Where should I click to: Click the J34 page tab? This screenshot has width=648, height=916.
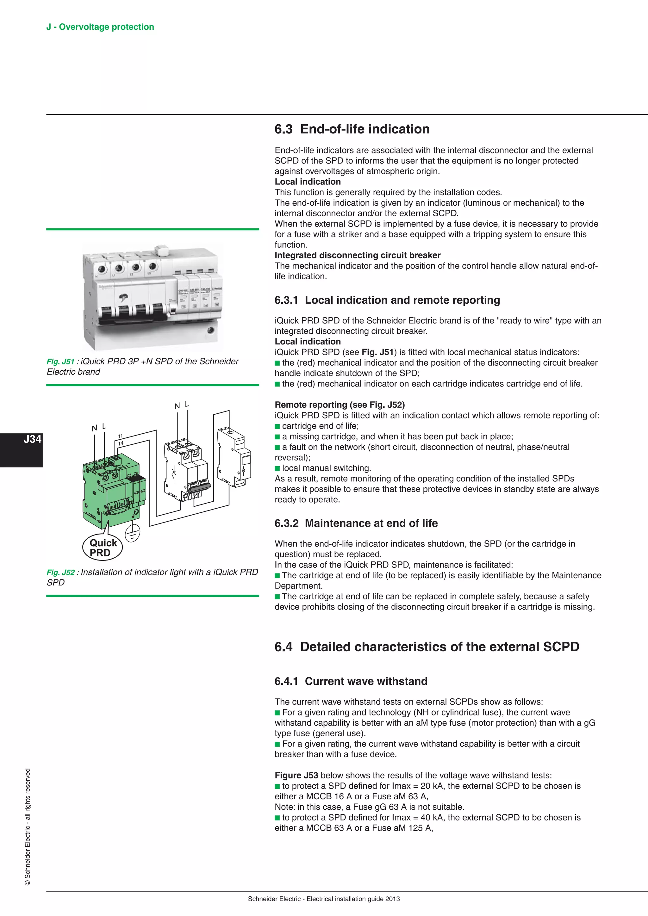pos(32,439)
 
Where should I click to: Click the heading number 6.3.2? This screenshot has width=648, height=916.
pos(286,523)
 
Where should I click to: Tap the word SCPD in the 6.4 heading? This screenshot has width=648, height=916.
pos(561,647)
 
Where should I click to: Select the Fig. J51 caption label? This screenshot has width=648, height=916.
pos(60,362)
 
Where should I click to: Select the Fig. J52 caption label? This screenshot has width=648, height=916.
pos(60,572)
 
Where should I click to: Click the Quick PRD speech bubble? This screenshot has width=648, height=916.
pos(103,548)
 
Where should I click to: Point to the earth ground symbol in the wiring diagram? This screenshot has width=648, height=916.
pos(133,533)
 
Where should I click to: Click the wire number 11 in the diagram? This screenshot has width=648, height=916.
pos(120,436)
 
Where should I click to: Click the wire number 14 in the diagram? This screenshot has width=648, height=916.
pos(121,443)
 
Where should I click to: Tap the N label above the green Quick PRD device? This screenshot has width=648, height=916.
pos(95,428)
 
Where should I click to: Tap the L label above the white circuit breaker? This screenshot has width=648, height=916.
pos(187,404)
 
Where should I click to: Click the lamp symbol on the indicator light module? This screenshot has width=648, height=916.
pos(243,471)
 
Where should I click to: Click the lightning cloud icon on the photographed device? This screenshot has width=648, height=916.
pos(124,297)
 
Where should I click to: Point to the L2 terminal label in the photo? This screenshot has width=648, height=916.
pos(131,275)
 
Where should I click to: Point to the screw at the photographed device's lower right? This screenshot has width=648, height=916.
pos(210,330)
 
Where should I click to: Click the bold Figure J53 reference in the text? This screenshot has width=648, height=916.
pos(296,775)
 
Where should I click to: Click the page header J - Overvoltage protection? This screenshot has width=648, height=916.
pos(100,27)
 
